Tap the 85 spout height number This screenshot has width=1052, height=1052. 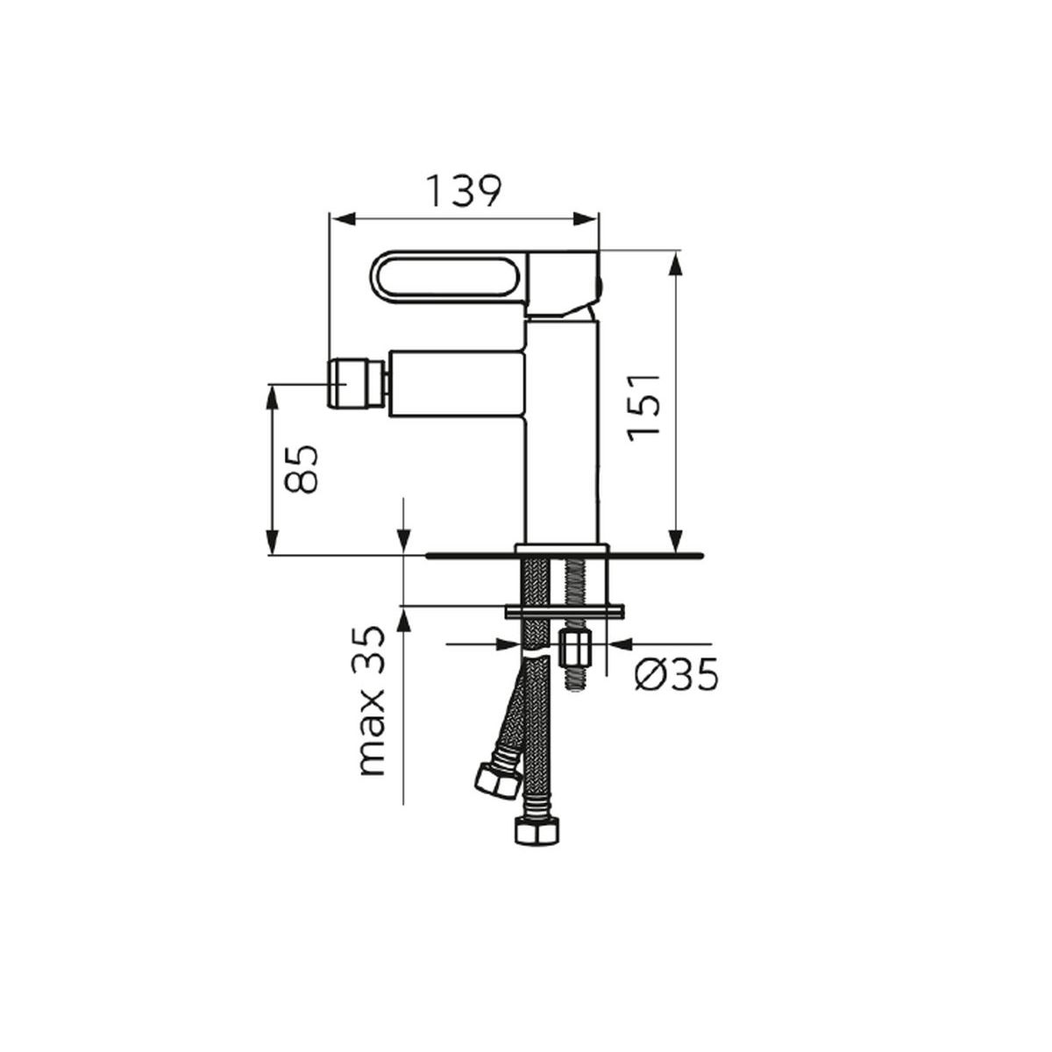pos(302,469)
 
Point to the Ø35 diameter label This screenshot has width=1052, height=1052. pos(677,675)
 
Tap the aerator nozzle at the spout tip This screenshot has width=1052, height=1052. pos(357,383)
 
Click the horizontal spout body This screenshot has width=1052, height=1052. pos(457,384)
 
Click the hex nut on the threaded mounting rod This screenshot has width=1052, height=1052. pos(575,648)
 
